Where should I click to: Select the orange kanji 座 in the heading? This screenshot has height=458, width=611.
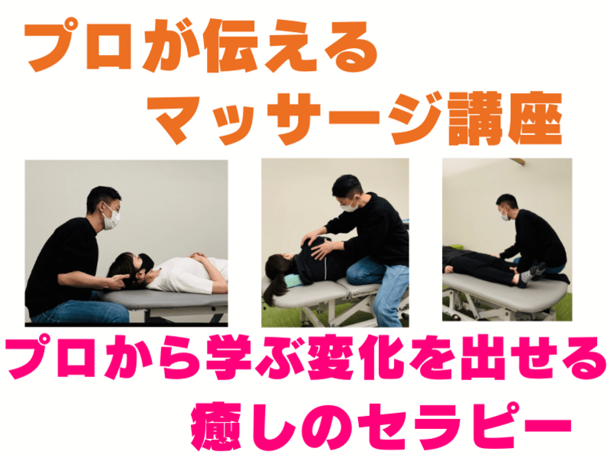(x=536, y=118)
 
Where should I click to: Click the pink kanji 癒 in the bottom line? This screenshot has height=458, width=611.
(x=217, y=426)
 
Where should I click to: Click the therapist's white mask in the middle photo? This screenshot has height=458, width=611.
(x=350, y=205)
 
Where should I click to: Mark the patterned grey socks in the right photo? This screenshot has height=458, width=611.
(x=530, y=273)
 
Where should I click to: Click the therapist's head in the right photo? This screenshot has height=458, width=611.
(x=507, y=207)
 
